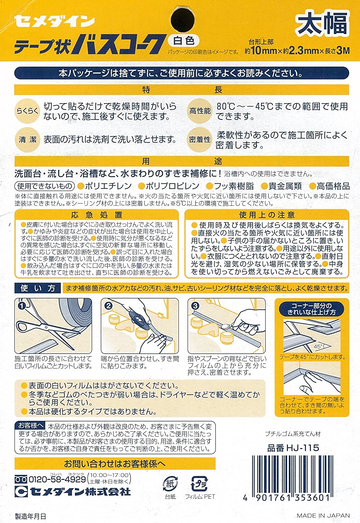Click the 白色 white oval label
(x=184, y=41)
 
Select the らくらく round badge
(x=28, y=111)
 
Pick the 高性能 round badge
(x=200, y=111)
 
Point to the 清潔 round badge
(x=28, y=140)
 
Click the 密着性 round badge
(x=200, y=140)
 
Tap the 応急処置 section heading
(x=97, y=215)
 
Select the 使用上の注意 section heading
(x=267, y=215)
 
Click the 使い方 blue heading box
(x=38, y=288)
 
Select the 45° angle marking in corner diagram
(x=318, y=347)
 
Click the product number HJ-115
(x=293, y=448)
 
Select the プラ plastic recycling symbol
(x=199, y=484)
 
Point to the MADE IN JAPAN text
(x=323, y=516)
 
